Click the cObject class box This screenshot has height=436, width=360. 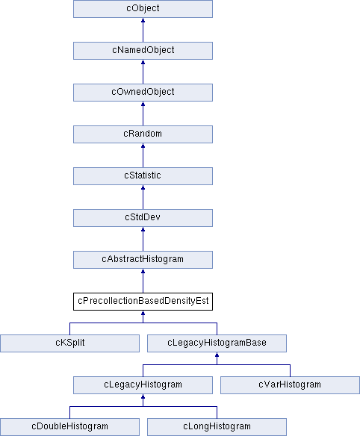coord(143,9)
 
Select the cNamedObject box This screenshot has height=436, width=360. coord(143,51)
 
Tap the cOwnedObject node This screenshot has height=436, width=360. coord(143,93)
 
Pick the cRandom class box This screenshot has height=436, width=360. coord(143,134)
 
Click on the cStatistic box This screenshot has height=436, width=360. coord(143,176)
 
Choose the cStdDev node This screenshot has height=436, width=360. coord(143,218)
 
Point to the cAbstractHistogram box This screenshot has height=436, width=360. coord(143,260)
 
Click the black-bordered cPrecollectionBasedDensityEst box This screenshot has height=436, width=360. coord(143,302)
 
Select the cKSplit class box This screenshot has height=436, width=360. coord(69,343)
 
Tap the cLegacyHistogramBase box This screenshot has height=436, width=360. coord(217,343)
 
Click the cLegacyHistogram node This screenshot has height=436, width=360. coord(143,385)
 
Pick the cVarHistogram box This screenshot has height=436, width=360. coord(290,385)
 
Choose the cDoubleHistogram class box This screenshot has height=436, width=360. coord(69,427)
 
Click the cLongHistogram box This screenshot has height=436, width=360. coord(217,427)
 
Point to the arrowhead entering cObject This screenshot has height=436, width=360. coord(143,20)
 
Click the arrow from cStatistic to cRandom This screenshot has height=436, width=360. coord(143,155)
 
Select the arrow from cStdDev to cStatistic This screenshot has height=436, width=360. coord(143,197)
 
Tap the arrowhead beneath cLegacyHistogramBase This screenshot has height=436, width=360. coord(217,355)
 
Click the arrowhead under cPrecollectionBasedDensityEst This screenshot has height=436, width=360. coord(143,313)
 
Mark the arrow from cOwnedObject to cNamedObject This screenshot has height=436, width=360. coord(143,72)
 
